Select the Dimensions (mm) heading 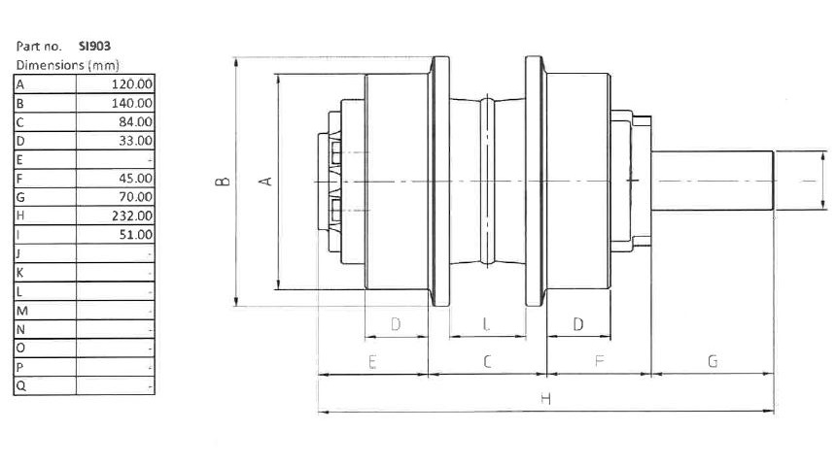[54, 65]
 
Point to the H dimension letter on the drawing [545, 399]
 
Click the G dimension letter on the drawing [713, 361]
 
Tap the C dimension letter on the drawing [487, 361]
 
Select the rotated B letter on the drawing [222, 182]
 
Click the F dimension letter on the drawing [598, 361]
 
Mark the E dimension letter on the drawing [372, 361]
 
